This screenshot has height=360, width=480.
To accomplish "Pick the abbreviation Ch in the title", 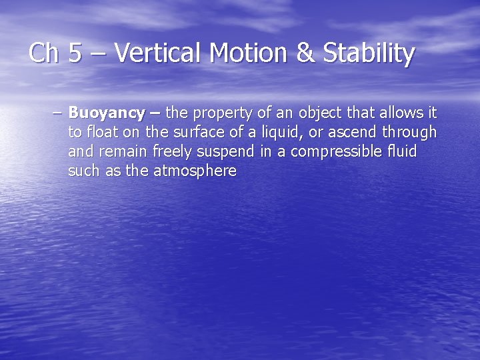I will pos(44,53).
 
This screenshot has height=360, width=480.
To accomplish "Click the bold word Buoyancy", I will pos(107,113).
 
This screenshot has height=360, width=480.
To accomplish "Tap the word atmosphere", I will pos(195,171).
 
